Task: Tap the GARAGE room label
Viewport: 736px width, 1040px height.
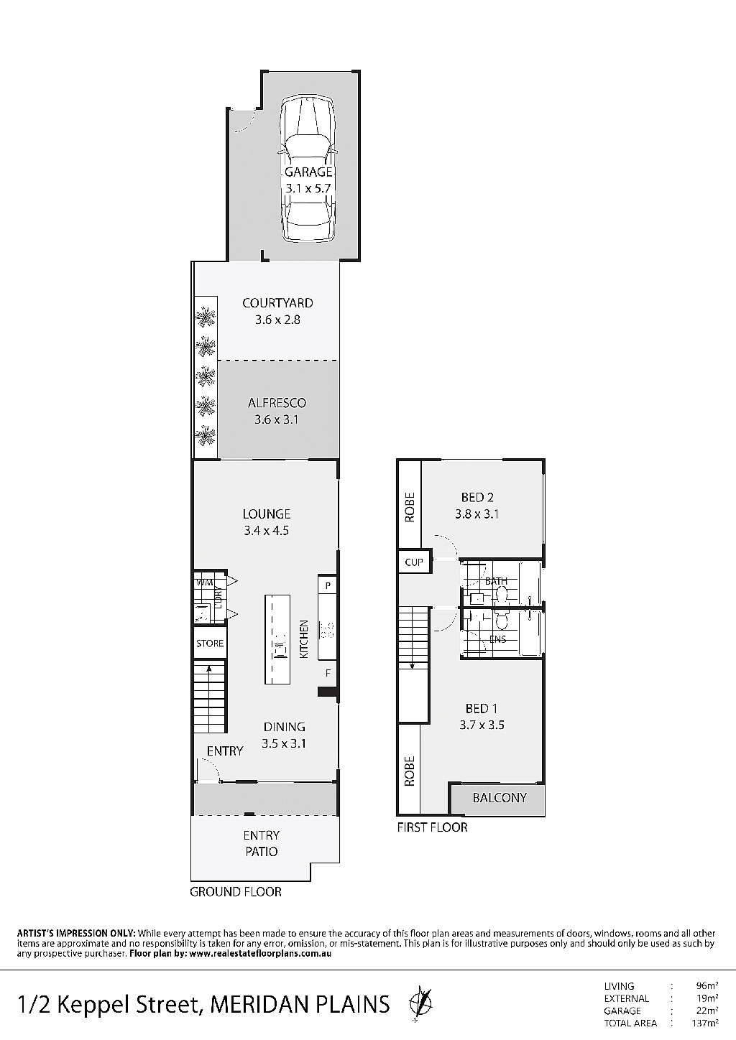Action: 308,172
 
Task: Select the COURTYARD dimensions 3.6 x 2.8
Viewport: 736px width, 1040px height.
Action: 277,320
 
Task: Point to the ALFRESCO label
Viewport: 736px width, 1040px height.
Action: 277,402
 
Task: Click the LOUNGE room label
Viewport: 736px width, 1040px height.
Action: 267,514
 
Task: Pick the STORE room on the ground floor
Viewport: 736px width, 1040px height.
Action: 210,643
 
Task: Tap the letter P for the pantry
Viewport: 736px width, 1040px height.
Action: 328,586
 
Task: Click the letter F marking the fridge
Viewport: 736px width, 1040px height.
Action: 328,673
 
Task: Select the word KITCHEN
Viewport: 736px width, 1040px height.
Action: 303,639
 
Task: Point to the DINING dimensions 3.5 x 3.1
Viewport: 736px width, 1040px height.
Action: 283,744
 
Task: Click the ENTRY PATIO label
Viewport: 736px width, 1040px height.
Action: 261,844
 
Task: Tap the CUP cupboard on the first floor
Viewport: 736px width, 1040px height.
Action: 414,562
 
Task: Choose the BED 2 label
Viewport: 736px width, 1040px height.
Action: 477,497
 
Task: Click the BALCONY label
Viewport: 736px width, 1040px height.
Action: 500,798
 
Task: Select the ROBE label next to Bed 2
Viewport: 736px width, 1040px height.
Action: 410,508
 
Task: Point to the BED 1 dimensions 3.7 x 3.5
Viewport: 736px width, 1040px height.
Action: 482,725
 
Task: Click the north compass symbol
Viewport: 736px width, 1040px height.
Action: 420,1005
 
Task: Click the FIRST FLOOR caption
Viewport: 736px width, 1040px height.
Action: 432,827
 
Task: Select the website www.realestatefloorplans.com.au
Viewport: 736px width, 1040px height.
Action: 260,954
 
